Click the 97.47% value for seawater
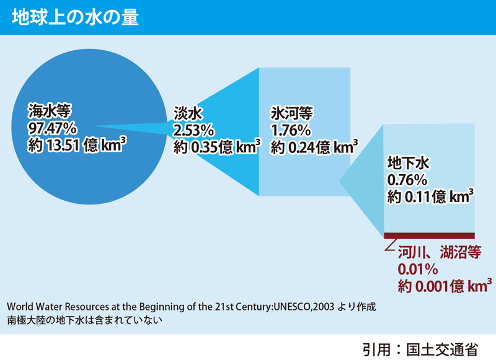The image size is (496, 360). pos(52,128)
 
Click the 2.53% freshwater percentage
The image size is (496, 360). pos(194,130)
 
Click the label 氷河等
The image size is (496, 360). pos(292,113)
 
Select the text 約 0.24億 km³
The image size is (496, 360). pos(314,147)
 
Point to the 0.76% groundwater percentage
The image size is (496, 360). pos(407,180)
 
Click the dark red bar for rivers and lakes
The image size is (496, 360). pos(429,235)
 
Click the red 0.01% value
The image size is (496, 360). pos(417,269)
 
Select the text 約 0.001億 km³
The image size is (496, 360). pos(440,286)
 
